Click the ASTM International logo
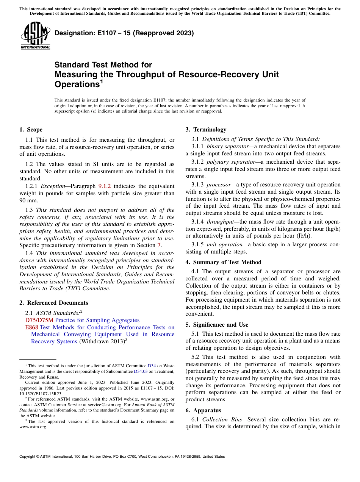tap(35, 36)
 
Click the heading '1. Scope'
tap(31, 130)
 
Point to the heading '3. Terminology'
tap(206, 130)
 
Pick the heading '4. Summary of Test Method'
tap(223, 262)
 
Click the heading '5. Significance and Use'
tap(217, 325)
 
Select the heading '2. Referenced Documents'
tap(53, 303)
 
